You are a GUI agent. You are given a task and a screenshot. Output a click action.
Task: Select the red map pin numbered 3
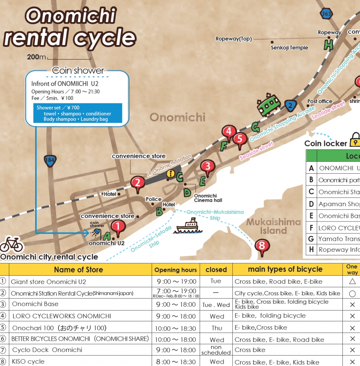(207, 166)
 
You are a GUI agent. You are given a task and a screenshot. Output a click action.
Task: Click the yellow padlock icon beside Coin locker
(356, 140)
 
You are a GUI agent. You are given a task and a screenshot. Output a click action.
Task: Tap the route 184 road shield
(50, 160)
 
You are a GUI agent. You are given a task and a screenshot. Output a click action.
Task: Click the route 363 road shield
(326, 13)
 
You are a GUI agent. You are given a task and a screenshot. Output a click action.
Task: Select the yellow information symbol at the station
(171, 173)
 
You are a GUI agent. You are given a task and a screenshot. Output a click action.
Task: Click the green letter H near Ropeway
(328, 44)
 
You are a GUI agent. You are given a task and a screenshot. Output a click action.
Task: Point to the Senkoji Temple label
(289, 48)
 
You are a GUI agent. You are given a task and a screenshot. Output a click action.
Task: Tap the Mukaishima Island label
(274, 226)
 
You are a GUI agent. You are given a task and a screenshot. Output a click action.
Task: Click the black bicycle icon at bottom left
(11, 244)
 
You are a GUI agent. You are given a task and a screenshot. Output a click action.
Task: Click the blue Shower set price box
(77, 113)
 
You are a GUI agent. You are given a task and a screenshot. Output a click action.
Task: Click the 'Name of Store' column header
(78, 270)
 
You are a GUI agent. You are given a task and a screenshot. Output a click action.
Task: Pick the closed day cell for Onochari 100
(217, 328)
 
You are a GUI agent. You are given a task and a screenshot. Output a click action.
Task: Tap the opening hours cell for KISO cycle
(175, 362)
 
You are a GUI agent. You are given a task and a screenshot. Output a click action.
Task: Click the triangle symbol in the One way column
(352, 282)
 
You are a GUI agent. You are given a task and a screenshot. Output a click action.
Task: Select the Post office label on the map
(320, 101)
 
